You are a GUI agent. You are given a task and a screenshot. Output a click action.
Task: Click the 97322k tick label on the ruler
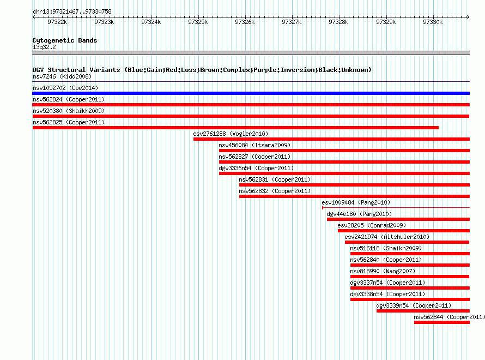tap(57, 22)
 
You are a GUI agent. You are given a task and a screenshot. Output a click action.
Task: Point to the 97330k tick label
tap(433, 22)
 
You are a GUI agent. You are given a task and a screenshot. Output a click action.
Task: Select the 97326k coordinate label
tap(245, 22)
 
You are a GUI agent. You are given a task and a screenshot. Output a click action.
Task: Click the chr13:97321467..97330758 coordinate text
tap(72, 12)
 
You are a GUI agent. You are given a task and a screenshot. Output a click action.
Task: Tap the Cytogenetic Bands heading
tap(65, 40)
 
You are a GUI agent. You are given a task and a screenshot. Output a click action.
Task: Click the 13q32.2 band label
tap(44, 47)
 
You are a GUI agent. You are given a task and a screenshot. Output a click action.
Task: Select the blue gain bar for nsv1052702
tap(251, 93)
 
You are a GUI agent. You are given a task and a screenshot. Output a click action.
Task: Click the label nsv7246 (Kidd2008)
tap(62, 76)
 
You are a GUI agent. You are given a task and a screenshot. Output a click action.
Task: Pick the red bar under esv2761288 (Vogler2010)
tap(331, 139)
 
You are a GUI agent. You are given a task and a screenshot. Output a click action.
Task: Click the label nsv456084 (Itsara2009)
tap(254, 145)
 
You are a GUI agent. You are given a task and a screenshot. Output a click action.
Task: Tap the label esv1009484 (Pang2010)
tap(356, 202)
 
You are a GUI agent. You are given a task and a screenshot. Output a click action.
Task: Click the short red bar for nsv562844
tap(442, 322)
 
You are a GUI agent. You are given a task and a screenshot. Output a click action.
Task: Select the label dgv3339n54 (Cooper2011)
tap(414, 305)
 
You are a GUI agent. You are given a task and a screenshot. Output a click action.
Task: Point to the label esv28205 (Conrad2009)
tap(372, 225)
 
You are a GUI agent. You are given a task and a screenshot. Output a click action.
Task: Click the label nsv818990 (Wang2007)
tap(383, 271)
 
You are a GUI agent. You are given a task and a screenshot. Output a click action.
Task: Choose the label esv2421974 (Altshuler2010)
tap(387, 237)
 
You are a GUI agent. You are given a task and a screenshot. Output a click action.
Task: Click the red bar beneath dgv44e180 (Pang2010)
tap(398, 219)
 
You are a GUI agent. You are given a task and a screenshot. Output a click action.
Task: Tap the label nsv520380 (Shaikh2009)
tap(69, 111)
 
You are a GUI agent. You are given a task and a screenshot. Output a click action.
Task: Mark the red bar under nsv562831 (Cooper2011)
tap(354, 185)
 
